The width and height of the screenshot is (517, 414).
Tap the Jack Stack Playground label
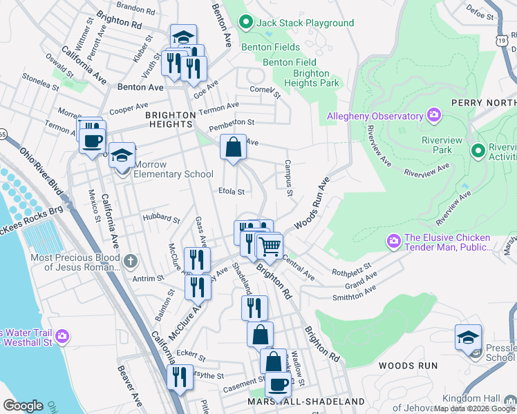[x=305, y=23]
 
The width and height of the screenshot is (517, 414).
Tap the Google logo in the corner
[x=23, y=406]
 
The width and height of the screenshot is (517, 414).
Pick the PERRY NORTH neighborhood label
[x=483, y=103]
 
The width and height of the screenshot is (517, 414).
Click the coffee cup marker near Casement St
[x=278, y=384]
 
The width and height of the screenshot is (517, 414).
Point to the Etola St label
[x=232, y=190]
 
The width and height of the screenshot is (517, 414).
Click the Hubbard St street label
[x=161, y=218]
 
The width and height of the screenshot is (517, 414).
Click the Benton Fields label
[x=270, y=47]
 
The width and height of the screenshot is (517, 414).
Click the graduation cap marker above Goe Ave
[x=184, y=37]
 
